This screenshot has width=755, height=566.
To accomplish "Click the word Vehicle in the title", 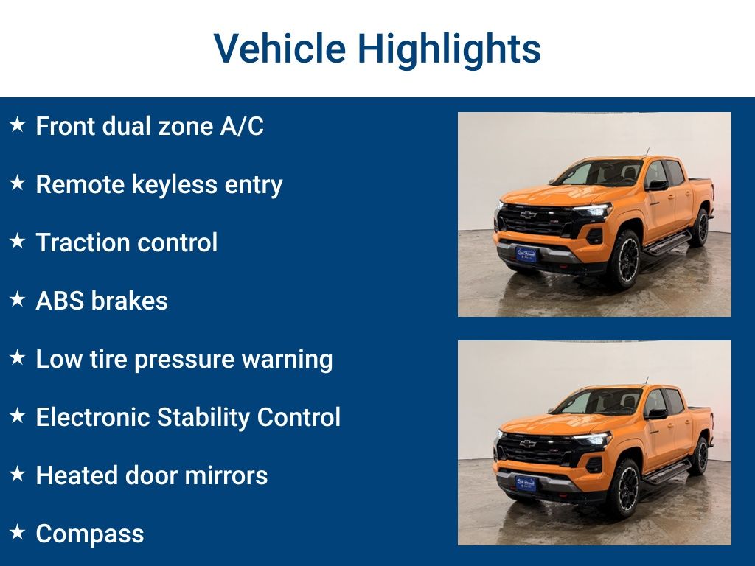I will point(279,49).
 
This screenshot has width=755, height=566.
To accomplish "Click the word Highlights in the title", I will point(449,49).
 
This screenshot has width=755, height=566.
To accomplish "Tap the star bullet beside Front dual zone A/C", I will point(17,125).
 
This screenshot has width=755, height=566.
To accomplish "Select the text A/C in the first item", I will point(241,126).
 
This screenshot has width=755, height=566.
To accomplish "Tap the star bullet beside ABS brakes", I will point(17,300).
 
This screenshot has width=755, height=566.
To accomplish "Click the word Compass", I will point(89,534).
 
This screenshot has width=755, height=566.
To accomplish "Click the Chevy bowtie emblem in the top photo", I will point(528,214).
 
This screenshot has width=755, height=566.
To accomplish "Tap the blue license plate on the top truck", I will point(526,254).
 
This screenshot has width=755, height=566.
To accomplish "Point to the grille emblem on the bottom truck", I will point(528,443).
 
